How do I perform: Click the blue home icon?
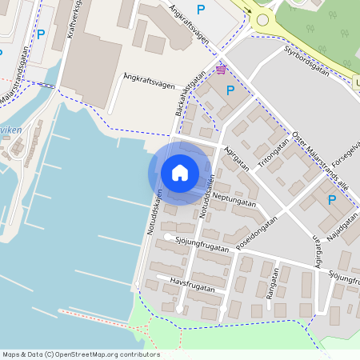(x=180, y=173)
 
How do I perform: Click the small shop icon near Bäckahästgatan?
(x=220, y=70)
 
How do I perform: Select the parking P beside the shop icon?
(x=230, y=90)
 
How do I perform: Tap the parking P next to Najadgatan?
(x=332, y=200)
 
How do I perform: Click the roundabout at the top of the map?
(x=262, y=19)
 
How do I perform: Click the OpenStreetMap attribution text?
(x=81, y=354)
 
